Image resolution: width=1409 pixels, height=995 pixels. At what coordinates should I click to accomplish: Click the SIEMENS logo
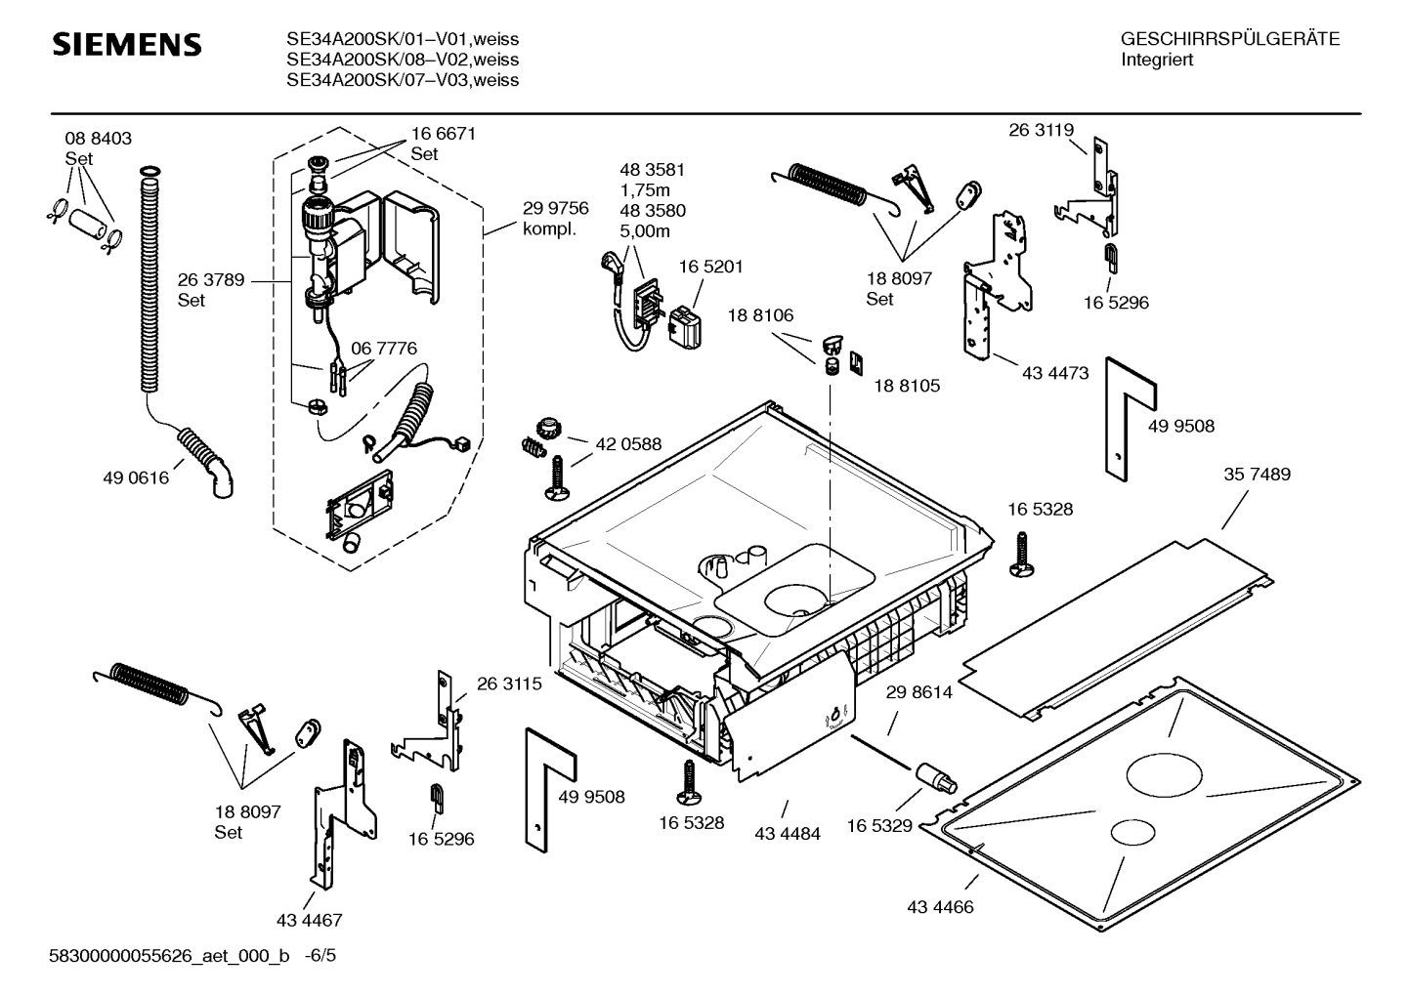point(126,45)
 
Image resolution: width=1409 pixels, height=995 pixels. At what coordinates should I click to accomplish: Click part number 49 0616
point(135,478)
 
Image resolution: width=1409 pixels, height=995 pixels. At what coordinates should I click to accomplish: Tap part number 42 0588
point(627,444)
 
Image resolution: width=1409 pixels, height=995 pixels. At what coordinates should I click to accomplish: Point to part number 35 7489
point(1257,475)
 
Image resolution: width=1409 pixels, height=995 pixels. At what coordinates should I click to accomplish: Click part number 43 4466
point(940,907)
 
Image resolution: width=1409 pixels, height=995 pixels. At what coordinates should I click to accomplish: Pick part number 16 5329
point(878,826)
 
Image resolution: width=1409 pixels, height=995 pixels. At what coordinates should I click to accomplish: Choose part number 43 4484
point(788,834)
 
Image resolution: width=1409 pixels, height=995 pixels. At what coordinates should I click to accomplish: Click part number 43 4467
point(309,920)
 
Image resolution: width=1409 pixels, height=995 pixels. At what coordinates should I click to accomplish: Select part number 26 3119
point(1041,130)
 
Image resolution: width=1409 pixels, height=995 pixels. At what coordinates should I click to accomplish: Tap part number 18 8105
point(906,386)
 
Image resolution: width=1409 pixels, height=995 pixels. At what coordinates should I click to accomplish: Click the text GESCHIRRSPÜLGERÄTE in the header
point(1229,40)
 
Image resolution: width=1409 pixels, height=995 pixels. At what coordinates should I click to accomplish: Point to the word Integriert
point(1157,60)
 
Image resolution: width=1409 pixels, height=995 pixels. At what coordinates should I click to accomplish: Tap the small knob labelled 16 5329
point(936,778)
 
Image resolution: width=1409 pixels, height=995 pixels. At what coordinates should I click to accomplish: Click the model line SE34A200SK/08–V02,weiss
point(402,61)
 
